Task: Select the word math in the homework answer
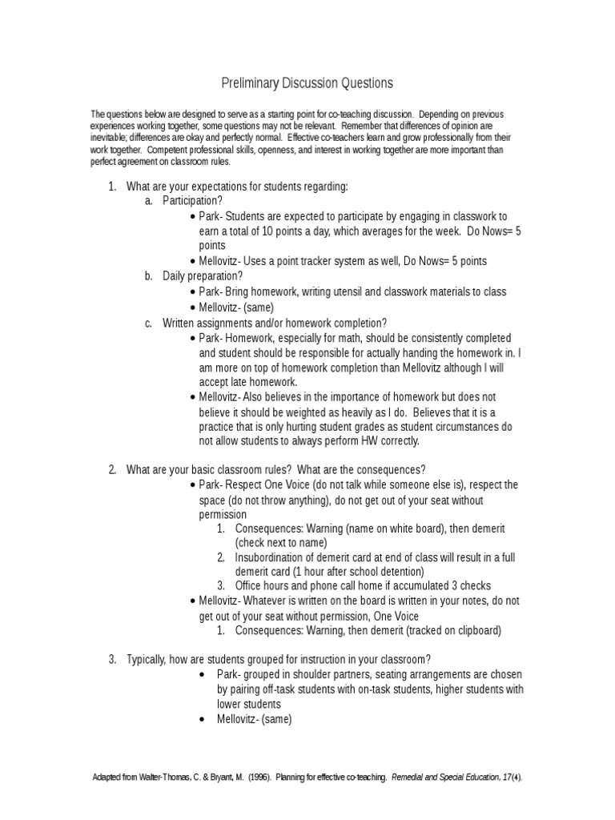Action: point(347,338)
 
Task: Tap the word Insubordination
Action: point(271,557)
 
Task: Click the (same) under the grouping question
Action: point(274,719)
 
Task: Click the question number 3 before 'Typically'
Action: point(111,660)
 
